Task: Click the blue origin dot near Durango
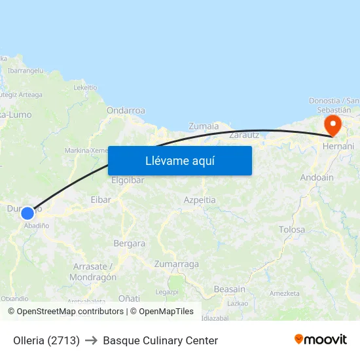[27, 213]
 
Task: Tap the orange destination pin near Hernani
[333, 125]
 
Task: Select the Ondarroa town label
[126, 111]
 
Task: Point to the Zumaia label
[204, 126]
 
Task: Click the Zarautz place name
[244, 134]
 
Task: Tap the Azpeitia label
[200, 200]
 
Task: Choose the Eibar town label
[101, 200]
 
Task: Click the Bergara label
[130, 243]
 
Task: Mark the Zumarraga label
[176, 264]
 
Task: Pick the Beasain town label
[229, 289]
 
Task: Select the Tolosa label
[292, 229]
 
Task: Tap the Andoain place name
[316, 177]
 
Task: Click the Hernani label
[338, 146]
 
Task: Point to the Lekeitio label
[85, 87]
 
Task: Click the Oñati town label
[129, 298]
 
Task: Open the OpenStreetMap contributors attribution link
[70, 312]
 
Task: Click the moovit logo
[320, 339]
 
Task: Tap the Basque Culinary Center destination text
[160, 340]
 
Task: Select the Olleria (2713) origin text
[46, 340]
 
